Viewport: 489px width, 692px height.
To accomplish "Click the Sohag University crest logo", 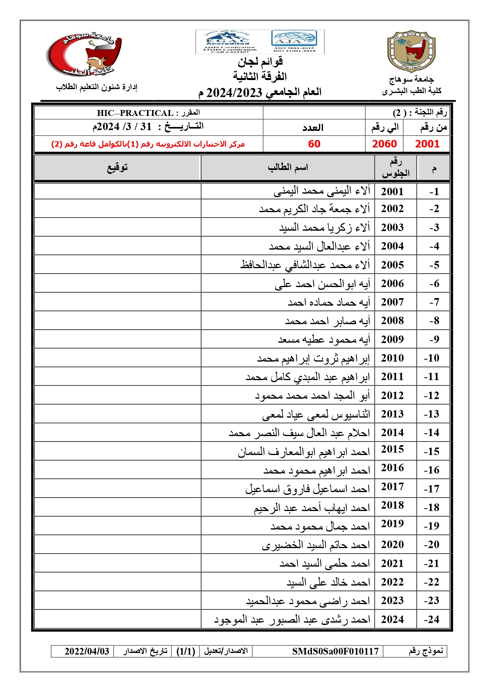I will click(x=411, y=51).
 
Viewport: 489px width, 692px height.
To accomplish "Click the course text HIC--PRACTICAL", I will click(x=135, y=113).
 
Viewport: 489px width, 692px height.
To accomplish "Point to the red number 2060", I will click(x=384, y=144).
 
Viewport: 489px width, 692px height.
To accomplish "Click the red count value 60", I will click(x=314, y=144).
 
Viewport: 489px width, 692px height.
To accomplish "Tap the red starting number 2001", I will click(x=427, y=144).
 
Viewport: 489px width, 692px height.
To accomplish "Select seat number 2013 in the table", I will click(x=392, y=414).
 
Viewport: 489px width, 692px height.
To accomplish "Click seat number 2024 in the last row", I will click(x=392, y=619).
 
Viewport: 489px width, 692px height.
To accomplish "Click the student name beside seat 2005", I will click(x=305, y=265).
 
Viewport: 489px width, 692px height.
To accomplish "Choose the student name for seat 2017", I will click(x=308, y=489).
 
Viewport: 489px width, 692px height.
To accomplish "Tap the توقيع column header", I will click(x=118, y=168).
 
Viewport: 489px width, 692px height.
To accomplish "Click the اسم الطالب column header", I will click(x=288, y=168).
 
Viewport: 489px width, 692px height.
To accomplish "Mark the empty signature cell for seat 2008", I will click(x=118, y=321).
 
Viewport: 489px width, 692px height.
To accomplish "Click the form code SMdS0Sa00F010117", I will click(x=335, y=651).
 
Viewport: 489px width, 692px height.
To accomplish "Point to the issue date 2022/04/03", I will click(x=87, y=651).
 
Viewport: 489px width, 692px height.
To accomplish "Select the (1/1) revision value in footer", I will click(x=186, y=651).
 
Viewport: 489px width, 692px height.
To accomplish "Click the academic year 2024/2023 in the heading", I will click(x=234, y=93).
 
